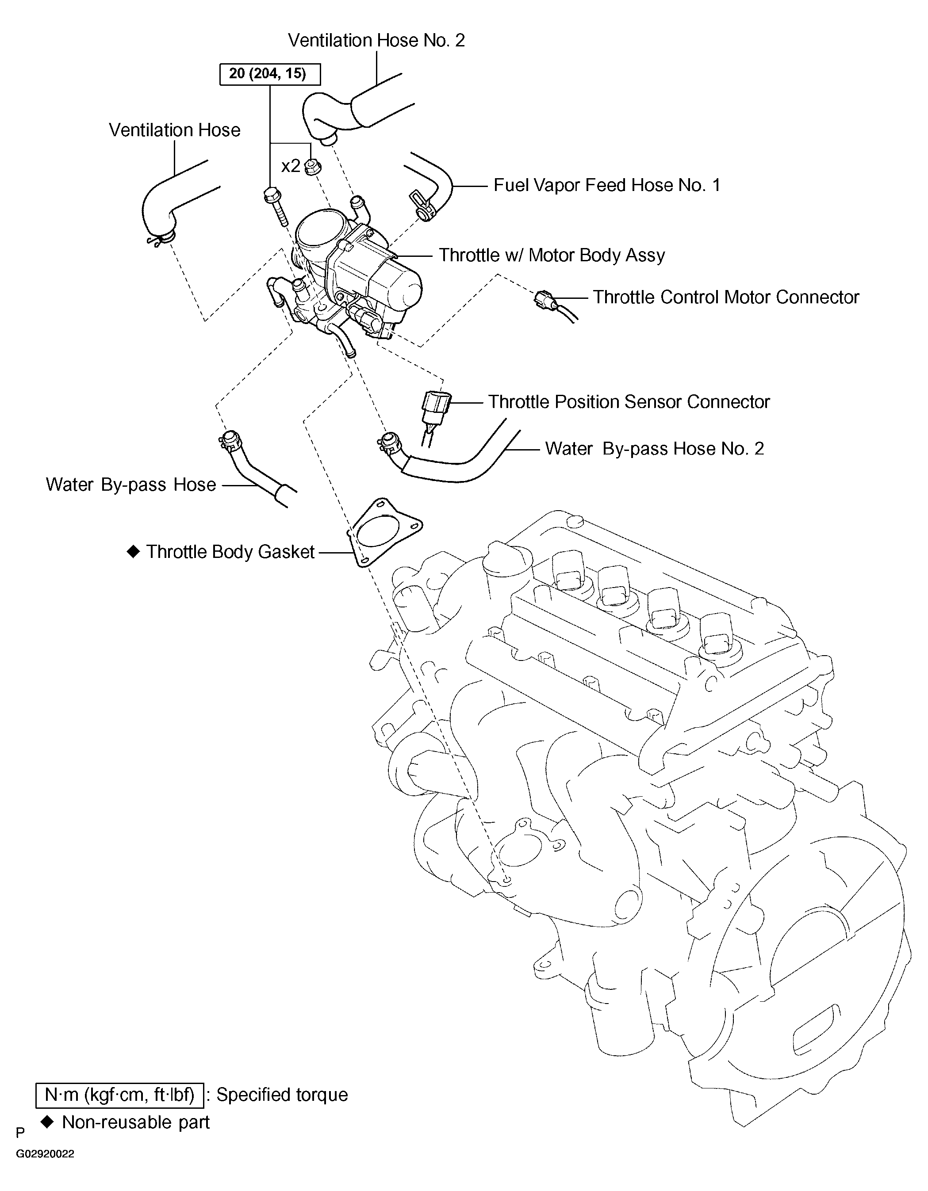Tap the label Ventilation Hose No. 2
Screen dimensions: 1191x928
pyautogui.click(x=376, y=40)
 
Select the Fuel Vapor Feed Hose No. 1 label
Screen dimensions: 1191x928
pyautogui.click(x=607, y=185)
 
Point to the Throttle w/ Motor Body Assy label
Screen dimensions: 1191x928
pyautogui.click(x=552, y=255)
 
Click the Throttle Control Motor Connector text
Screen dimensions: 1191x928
pyautogui.click(x=725, y=297)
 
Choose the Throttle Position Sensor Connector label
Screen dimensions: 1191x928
pyautogui.click(x=629, y=402)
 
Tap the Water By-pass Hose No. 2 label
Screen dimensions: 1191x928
pyautogui.click(x=654, y=449)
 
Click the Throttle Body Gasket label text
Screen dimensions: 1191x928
pyautogui.click(x=230, y=552)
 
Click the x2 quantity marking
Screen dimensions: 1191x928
pyautogui.click(x=290, y=166)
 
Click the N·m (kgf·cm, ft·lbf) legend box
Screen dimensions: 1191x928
pyautogui.click(x=119, y=1095)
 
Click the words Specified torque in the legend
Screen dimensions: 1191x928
pyautogui.click(x=282, y=1095)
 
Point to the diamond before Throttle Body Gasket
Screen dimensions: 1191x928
pyautogui.click(x=133, y=552)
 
